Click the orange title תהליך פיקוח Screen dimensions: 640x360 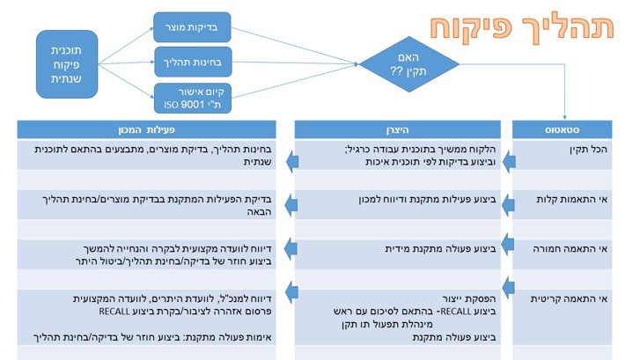coord(522,28)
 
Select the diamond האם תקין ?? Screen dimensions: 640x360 coord(409,64)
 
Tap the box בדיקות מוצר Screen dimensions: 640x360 coord(192,27)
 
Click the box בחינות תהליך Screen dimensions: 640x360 coord(193,62)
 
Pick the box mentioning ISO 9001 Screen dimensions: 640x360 coord(193,98)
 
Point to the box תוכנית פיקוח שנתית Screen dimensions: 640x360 coord(67,64)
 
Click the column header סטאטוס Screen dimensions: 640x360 coord(562,129)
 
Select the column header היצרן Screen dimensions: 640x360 coord(398,129)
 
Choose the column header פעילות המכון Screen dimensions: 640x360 coord(146,129)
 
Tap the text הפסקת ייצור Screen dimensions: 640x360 coord(469,298)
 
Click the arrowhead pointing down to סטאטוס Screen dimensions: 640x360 coord(565,118)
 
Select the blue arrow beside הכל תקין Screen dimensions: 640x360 coord(509,162)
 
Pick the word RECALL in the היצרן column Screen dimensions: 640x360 coord(455,312)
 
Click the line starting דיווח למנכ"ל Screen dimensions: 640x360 coord(172,298)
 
